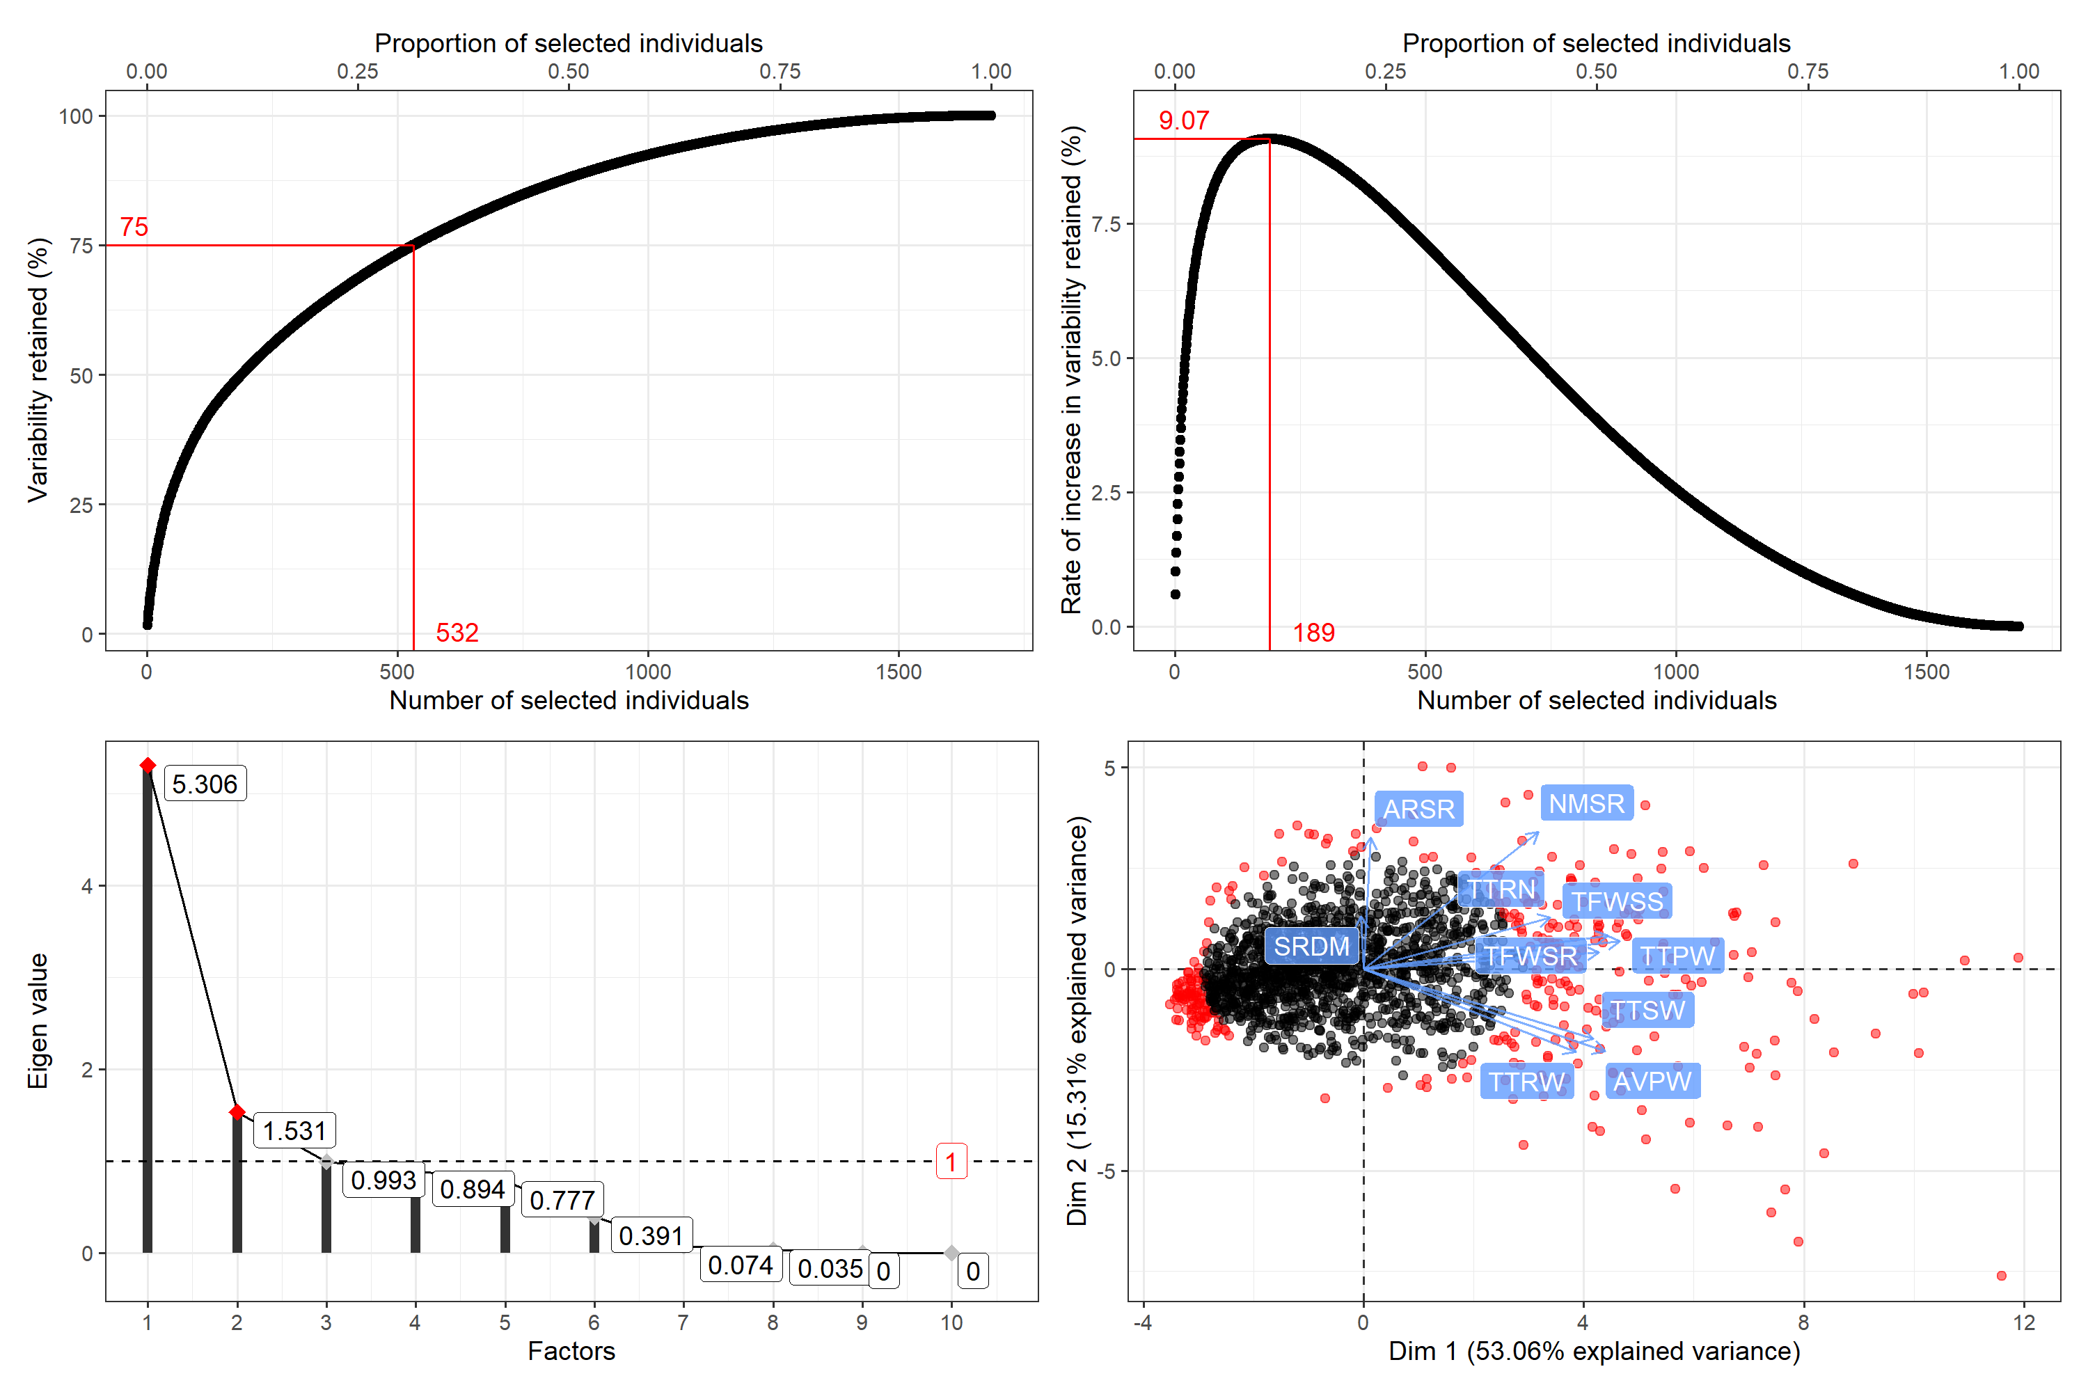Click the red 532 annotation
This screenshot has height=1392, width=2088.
pyautogui.click(x=457, y=632)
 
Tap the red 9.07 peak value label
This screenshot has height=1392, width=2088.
pyautogui.click(x=1183, y=120)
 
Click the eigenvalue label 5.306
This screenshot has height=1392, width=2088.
pyautogui.click(x=205, y=784)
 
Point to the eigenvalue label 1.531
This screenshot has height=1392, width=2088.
pyautogui.click(x=294, y=1130)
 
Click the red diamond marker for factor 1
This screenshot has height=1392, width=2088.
pyautogui.click(x=148, y=765)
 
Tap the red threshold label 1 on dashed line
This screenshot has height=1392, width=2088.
pyautogui.click(x=951, y=1161)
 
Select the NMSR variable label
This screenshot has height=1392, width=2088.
pyautogui.click(x=1586, y=803)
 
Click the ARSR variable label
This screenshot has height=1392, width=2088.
pyautogui.click(x=1418, y=809)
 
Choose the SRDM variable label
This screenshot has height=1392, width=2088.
pyautogui.click(x=1311, y=947)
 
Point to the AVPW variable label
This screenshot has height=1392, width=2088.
pyautogui.click(x=1652, y=1082)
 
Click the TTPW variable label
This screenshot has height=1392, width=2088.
pyautogui.click(x=1677, y=956)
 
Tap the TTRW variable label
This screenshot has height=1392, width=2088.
pyautogui.click(x=1527, y=1082)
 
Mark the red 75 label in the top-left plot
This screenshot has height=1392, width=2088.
pyautogui.click(x=134, y=228)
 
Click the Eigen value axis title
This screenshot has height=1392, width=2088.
pyautogui.click(x=38, y=1021)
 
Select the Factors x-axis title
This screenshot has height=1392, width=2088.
pyautogui.click(x=571, y=1351)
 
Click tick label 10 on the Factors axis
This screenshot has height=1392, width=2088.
pyautogui.click(x=951, y=1323)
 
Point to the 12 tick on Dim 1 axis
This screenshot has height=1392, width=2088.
pyautogui.click(x=2024, y=1323)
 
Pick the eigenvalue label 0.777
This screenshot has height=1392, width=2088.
pyautogui.click(x=562, y=1200)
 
